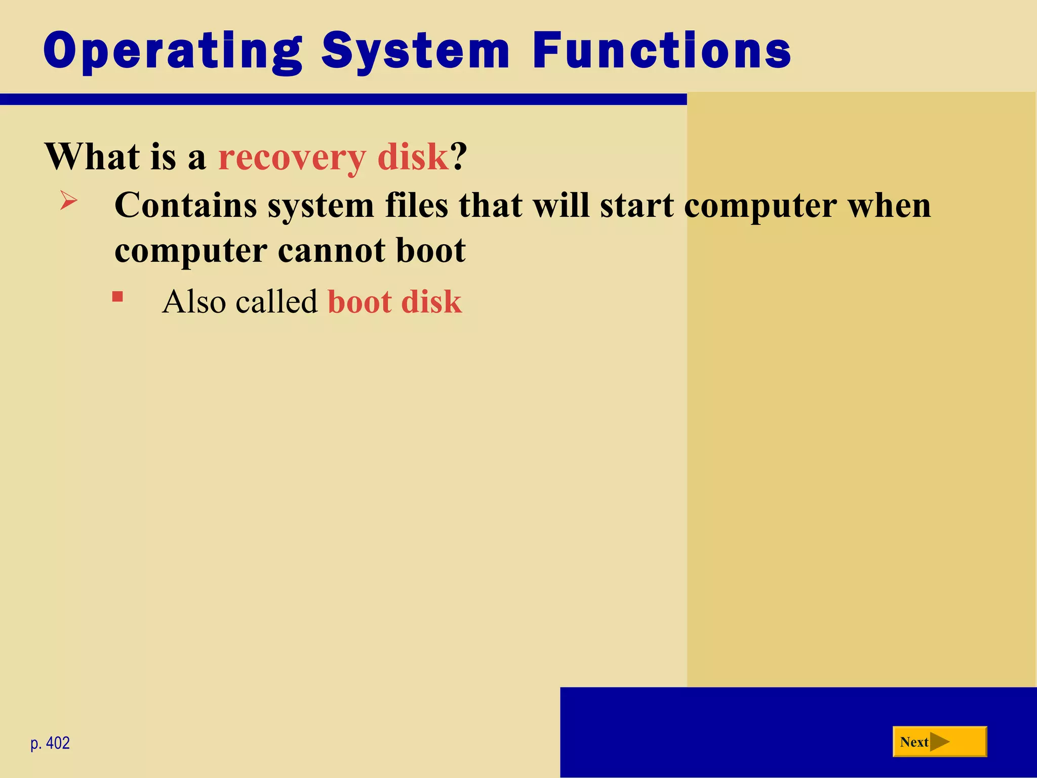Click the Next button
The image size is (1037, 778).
click(939, 742)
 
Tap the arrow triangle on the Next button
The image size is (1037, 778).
click(939, 742)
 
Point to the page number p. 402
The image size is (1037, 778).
click(50, 743)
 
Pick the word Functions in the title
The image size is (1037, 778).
click(661, 51)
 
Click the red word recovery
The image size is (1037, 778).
click(292, 157)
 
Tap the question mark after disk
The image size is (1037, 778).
click(458, 157)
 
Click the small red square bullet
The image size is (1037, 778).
click(117, 296)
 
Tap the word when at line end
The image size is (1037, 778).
click(890, 206)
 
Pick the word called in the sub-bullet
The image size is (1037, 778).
click(276, 302)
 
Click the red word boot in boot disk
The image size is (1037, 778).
click(360, 302)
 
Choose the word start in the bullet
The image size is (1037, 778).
click(637, 206)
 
